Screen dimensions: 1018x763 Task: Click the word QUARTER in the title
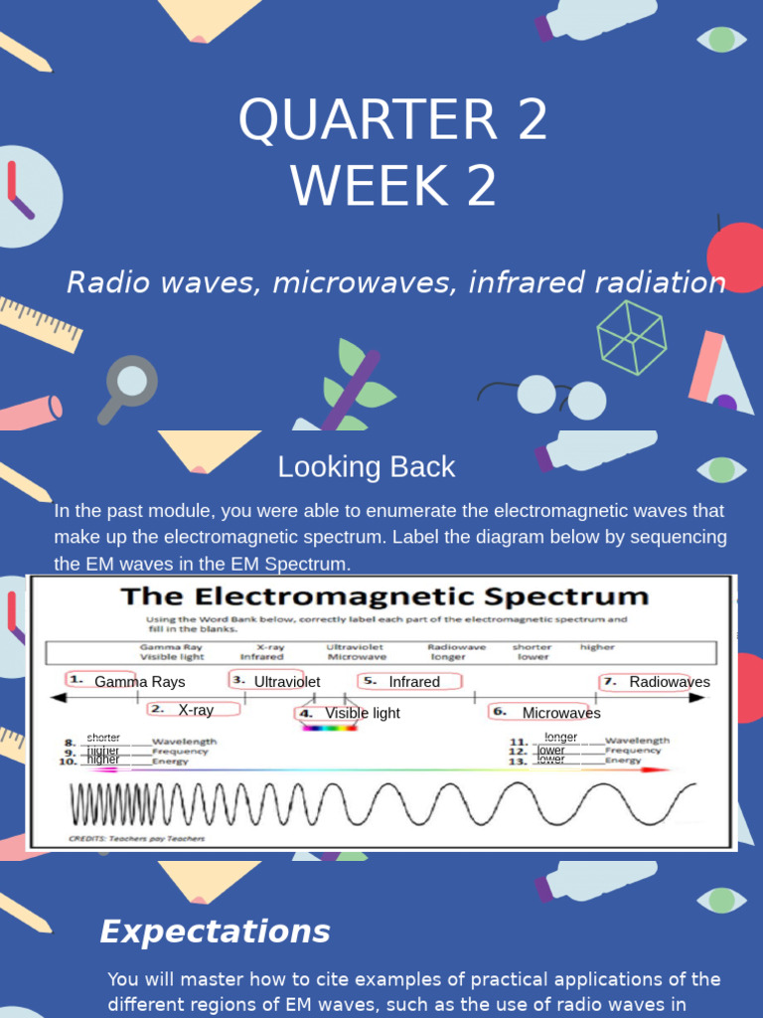[x=366, y=119]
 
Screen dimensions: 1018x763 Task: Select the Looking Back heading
[x=367, y=466]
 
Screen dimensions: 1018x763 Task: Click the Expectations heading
[x=215, y=932]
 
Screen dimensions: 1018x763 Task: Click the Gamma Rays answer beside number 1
[x=140, y=682]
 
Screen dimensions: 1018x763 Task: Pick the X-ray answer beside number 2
[x=196, y=710]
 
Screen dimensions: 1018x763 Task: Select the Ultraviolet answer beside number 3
[x=287, y=682]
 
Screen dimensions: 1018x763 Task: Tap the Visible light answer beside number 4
[x=363, y=713]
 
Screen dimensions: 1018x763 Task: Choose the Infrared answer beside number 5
[x=414, y=682]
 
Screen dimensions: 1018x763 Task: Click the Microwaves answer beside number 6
[x=561, y=713]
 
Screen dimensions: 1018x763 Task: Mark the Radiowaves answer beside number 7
[x=670, y=682]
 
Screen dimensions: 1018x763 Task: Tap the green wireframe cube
[x=631, y=337]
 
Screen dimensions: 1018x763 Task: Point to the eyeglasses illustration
[x=556, y=395]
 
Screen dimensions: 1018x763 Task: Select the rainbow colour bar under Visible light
[x=329, y=728]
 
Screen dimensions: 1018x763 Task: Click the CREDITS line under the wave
[x=136, y=838]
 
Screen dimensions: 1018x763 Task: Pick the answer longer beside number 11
[x=561, y=738]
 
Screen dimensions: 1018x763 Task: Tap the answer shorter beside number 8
[x=103, y=738]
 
